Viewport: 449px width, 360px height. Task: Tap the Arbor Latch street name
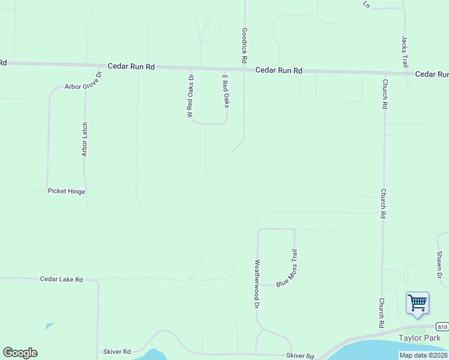(x=85, y=139)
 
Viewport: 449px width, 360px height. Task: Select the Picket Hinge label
(x=67, y=191)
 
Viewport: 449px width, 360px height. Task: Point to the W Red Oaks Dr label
(x=190, y=95)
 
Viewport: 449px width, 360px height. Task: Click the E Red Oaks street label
(x=226, y=91)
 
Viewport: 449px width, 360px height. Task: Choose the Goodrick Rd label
(x=244, y=45)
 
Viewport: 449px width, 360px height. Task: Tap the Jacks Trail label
(x=405, y=51)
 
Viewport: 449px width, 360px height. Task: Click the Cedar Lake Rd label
(x=61, y=280)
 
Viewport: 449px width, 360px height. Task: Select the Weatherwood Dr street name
(x=257, y=284)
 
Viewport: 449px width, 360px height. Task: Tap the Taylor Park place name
(x=420, y=338)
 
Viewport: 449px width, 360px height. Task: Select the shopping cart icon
(x=417, y=302)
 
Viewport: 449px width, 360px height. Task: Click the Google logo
(x=20, y=353)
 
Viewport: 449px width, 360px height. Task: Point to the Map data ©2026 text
(x=424, y=355)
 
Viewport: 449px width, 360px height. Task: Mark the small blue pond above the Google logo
(x=49, y=326)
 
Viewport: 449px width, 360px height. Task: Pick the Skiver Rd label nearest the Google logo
(x=116, y=352)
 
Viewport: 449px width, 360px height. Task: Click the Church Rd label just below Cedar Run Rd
(x=384, y=94)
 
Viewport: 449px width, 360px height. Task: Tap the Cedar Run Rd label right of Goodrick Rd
(x=279, y=71)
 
